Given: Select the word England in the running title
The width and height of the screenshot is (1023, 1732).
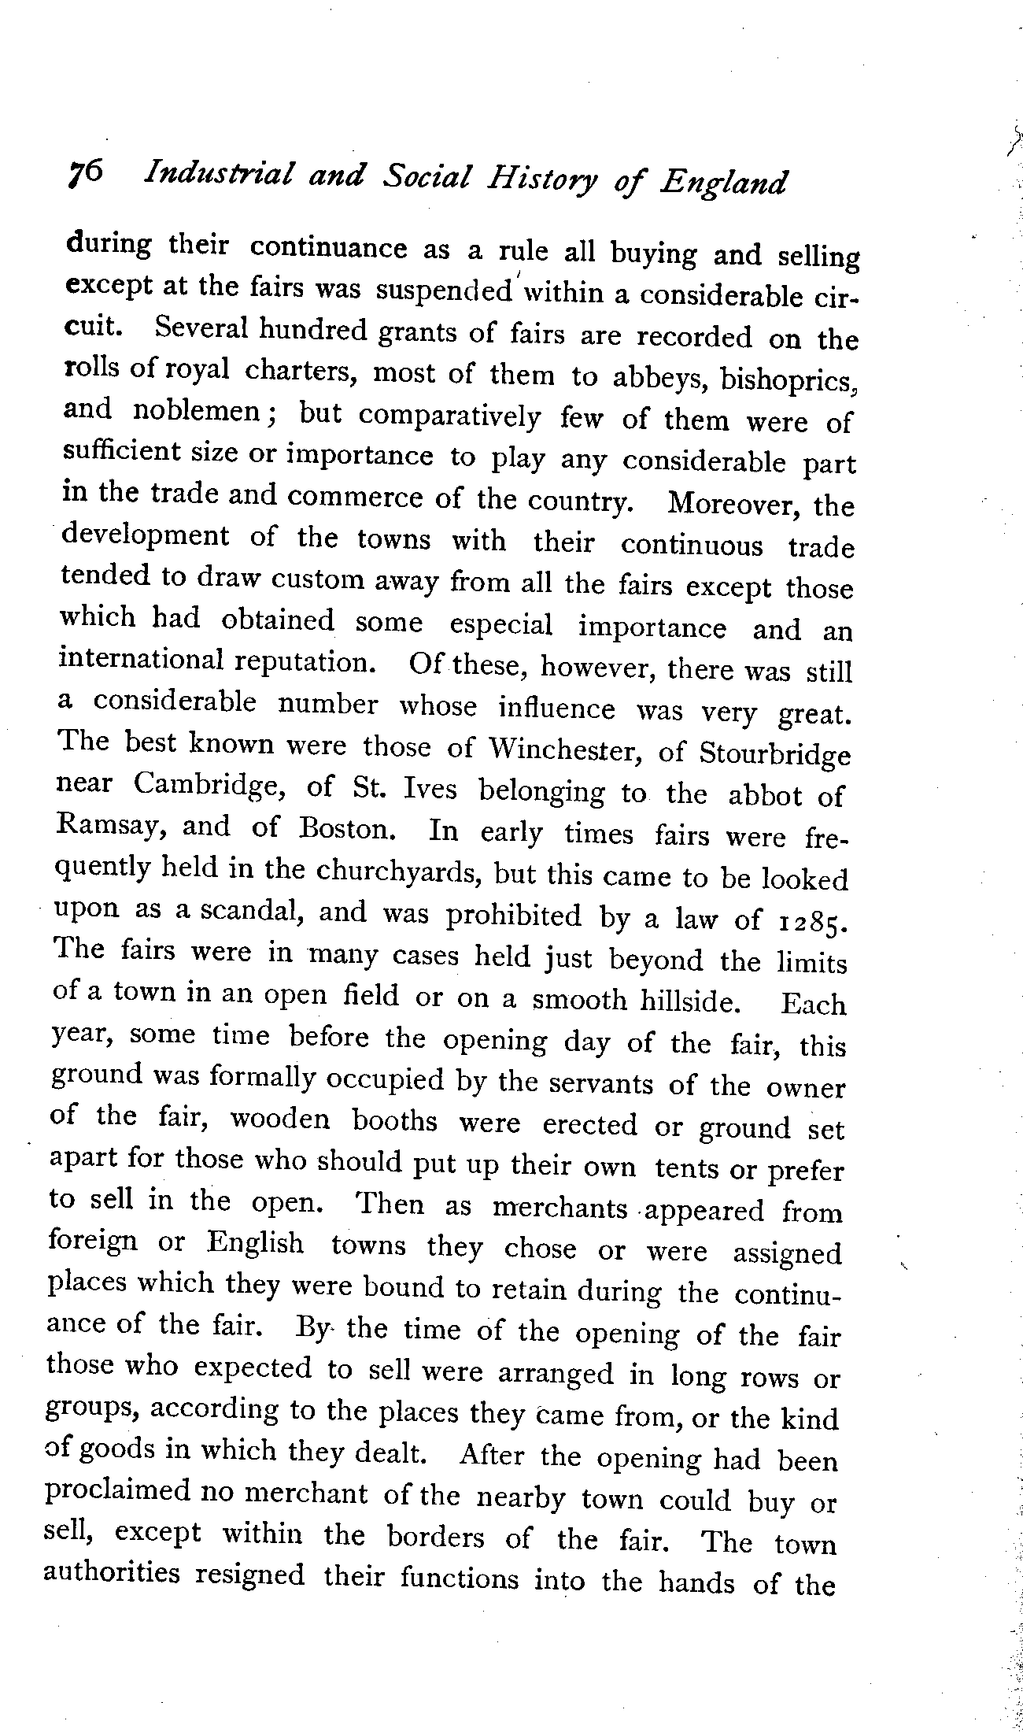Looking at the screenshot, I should click(723, 183).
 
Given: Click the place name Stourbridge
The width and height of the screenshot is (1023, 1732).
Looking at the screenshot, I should click(774, 754).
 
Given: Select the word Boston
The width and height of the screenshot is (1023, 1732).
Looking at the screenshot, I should click(342, 830).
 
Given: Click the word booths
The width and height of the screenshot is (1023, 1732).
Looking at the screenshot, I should click(394, 1120).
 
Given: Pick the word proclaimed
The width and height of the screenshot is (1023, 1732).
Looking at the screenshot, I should click(119, 1492).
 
